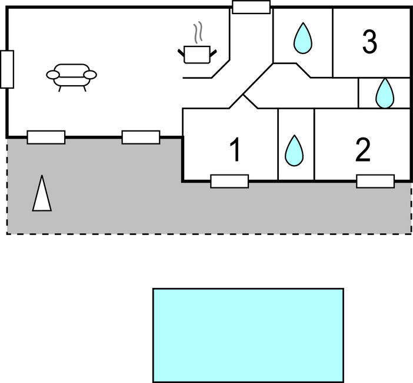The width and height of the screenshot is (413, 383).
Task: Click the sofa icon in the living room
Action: [72, 76]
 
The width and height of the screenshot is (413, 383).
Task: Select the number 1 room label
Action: [234, 150]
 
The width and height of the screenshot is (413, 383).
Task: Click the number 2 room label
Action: [363, 150]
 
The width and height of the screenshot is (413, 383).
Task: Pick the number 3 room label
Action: [369, 41]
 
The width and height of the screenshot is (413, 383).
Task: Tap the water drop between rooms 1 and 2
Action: [294, 150]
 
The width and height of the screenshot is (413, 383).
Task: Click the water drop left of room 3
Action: [302, 37]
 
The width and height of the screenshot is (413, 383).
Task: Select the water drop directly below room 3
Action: [385, 93]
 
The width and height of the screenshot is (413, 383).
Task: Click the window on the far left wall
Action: [7, 69]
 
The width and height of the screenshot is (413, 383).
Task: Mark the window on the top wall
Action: [251, 7]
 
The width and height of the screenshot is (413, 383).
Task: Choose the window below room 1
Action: [229, 182]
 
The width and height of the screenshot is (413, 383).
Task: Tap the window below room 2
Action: [375, 182]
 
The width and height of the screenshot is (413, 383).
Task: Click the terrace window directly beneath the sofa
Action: [46, 137]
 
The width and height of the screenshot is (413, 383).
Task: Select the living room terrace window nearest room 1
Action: [141, 137]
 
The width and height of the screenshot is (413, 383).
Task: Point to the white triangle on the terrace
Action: [42, 193]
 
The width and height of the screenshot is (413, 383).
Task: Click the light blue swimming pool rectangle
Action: [248, 335]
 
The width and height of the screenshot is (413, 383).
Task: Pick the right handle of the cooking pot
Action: [214, 52]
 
